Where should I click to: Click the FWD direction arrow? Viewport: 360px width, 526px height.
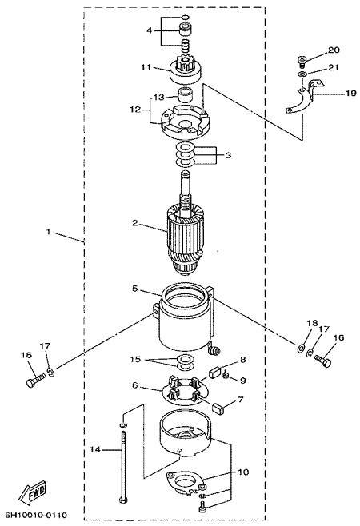(x=32, y=492)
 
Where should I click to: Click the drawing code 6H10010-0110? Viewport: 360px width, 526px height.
(x=36, y=515)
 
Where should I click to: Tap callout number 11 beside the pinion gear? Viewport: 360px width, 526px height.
(x=146, y=67)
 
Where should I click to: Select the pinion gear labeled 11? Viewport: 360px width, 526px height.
(x=185, y=70)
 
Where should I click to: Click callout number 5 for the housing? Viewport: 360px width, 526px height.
(x=134, y=288)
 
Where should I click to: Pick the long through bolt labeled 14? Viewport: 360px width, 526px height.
(x=123, y=466)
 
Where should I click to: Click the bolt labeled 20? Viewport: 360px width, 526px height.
(x=302, y=62)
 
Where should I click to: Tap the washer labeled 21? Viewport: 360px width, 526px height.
(x=302, y=74)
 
